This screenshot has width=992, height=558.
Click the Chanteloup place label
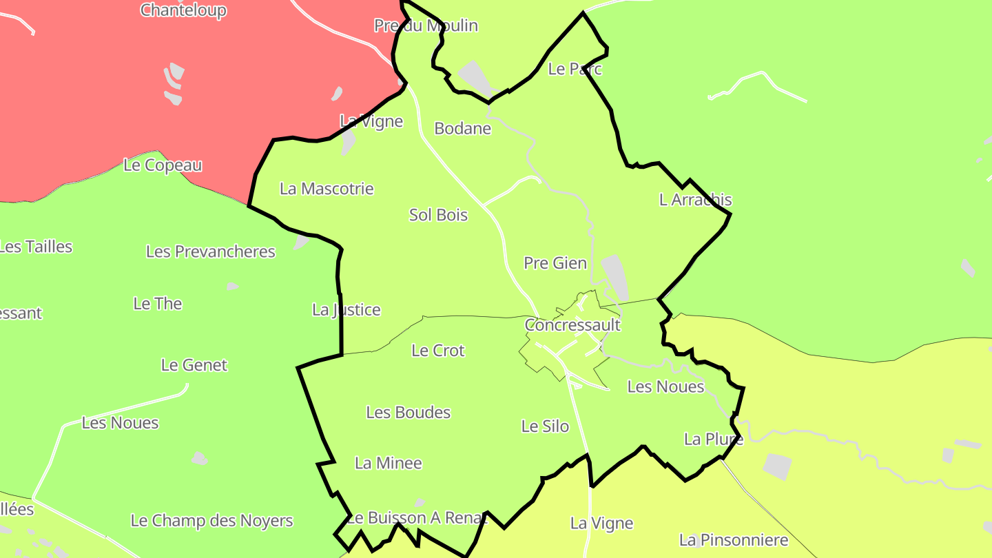click(x=183, y=10)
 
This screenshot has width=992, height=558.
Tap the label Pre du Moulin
click(x=426, y=25)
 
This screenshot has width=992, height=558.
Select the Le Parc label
click(x=575, y=69)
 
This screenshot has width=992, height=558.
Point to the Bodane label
click(x=462, y=128)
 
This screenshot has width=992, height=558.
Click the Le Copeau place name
click(x=163, y=165)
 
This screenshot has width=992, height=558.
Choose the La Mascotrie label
click(x=327, y=189)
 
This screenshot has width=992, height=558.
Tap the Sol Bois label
click(x=438, y=215)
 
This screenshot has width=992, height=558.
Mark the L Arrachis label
click(x=695, y=200)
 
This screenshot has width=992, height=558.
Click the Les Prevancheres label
click(x=210, y=251)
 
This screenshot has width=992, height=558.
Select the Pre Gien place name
click(x=555, y=263)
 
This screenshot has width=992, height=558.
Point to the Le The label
click(x=158, y=304)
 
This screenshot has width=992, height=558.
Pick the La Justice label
click(x=346, y=310)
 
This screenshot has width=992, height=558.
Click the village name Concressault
click(x=572, y=325)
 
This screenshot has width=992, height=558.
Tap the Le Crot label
click(x=438, y=351)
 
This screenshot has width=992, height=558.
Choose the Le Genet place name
click(x=194, y=365)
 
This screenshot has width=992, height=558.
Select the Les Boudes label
click(x=408, y=413)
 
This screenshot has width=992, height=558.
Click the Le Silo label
click(x=545, y=426)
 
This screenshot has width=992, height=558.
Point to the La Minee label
click(x=388, y=464)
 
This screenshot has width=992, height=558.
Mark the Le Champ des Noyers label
click(x=211, y=521)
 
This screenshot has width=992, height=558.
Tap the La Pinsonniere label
click(x=733, y=540)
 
